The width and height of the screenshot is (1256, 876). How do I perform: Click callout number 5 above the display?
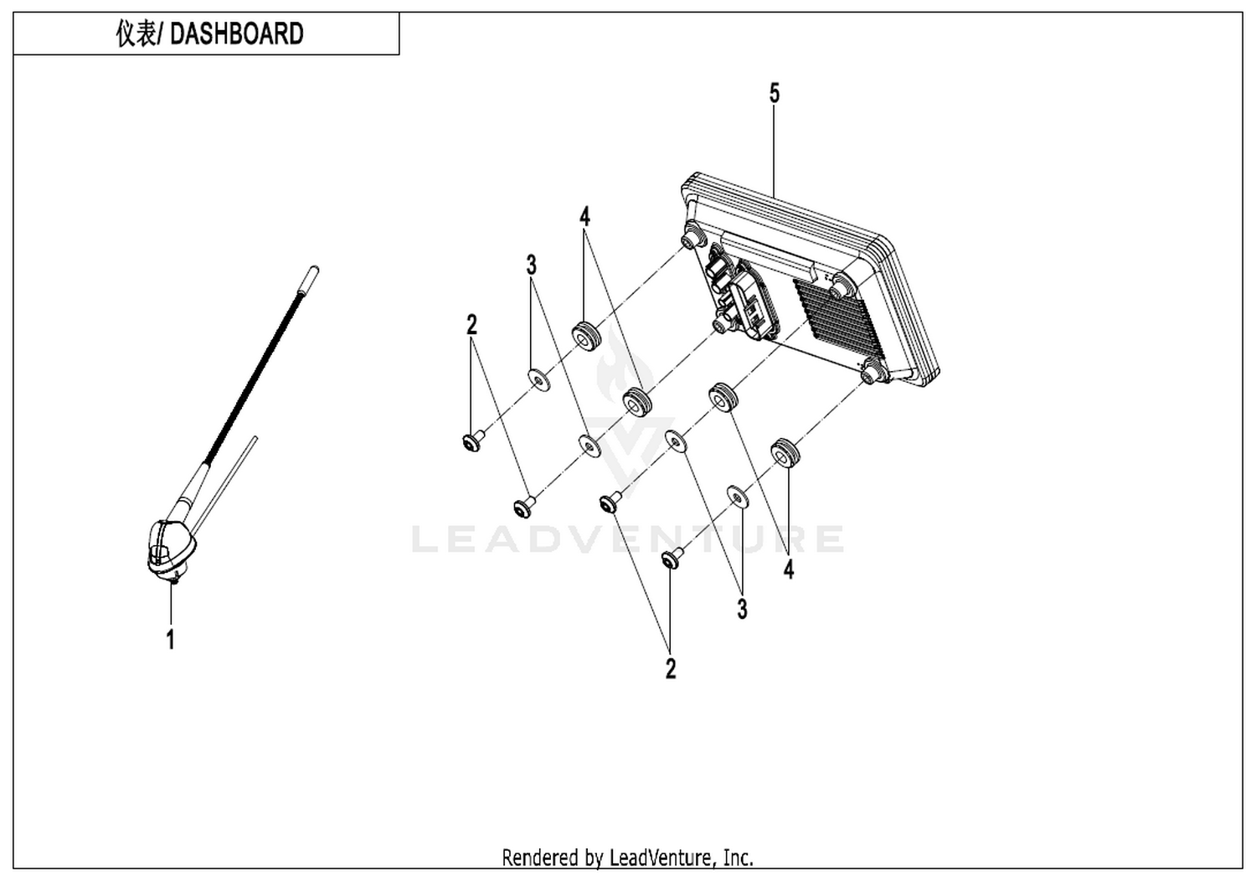point(774,94)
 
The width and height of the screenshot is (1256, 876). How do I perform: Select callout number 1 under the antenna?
point(171,639)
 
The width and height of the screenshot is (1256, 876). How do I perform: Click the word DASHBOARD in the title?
point(236,33)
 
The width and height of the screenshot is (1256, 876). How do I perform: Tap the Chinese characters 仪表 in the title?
point(135,33)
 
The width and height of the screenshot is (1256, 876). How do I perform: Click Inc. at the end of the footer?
point(738,858)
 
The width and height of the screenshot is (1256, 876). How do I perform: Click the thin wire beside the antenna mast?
point(225,483)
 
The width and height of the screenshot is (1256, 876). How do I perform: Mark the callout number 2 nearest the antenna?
point(471,325)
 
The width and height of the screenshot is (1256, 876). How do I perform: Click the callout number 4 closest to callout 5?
point(584,216)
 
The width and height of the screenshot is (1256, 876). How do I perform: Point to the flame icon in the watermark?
point(624,364)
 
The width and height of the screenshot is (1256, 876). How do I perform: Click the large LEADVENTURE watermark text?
point(627,538)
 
